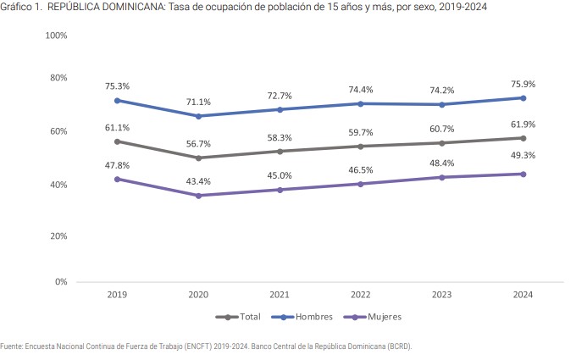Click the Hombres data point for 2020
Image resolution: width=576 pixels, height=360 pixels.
(x=198, y=116)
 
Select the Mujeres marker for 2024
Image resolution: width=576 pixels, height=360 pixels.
(x=523, y=174)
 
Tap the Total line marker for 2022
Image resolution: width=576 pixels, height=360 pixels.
(x=361, y=147)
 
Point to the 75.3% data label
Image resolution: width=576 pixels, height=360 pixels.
(x=117, y=86)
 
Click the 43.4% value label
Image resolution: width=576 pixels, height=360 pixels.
(x=198, y=181)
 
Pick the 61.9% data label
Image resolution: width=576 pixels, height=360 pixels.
(x=523, y=125)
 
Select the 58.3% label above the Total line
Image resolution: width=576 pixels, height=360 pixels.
(x=280, y=137)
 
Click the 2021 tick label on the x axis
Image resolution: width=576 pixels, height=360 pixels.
(x=280, y=295)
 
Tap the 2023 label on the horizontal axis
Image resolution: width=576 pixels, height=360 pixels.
(x=442, y=295)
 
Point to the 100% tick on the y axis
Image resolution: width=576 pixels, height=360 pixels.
(x=56, y=36)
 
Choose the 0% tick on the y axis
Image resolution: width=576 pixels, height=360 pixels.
(x=60, y=281)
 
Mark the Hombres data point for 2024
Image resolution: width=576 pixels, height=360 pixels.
(x=523, y=97)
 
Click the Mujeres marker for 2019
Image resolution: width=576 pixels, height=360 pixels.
(x=117, y=179)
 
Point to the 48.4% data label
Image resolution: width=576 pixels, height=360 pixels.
(x=442, y=163)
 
